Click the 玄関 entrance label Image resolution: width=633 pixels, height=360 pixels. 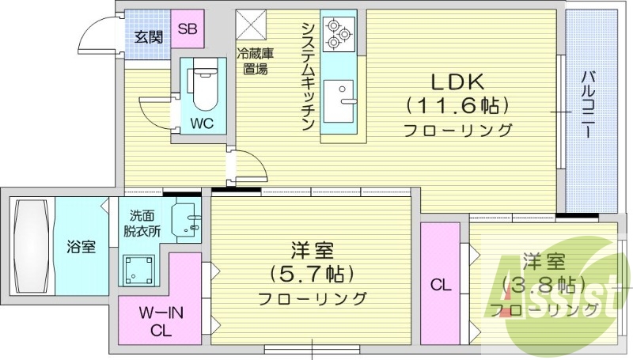148,36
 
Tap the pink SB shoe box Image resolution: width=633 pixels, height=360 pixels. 188,29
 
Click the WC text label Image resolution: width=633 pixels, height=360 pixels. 201,124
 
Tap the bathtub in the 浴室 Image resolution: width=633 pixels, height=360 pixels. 31,245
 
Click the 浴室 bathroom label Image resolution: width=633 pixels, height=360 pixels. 80,246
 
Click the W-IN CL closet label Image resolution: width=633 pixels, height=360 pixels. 159,320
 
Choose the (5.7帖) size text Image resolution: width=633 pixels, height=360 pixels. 311,274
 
